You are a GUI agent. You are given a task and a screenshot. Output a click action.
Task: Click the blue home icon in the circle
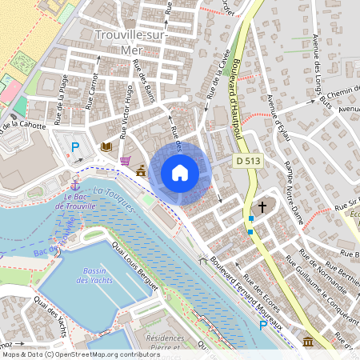180,172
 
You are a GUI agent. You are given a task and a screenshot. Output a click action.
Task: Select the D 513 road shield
248,161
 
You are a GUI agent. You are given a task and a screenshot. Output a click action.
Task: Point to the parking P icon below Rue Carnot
76,146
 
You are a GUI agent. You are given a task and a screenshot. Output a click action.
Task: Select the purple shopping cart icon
125,160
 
